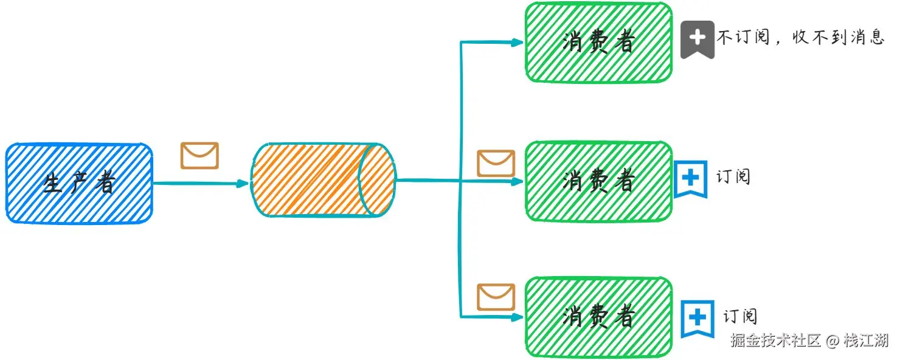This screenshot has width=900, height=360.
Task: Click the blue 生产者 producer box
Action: [x=79, y=183]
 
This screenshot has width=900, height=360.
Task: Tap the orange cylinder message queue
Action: [x=323, y=180]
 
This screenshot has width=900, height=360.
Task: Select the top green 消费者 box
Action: [x=598, y=43]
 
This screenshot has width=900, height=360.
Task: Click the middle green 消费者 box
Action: [x=598, y=181]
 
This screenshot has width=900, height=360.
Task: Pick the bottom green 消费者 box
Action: [x=598, y=317]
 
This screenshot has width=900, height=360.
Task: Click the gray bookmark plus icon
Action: [x=697, y=39]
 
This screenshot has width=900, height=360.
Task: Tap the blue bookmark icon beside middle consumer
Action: [x=691, y=178]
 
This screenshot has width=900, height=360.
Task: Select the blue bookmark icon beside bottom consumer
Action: [x=697, y=317]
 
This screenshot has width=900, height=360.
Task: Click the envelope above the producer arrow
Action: [x=199, y=156]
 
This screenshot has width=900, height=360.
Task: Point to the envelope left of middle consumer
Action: [x=496, y=163]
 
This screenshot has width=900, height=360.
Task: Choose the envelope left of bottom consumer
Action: [x=496, y=297]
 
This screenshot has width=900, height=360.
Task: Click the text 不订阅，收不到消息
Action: [x=800, y=38]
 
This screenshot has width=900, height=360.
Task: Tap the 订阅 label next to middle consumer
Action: [x=733, y=177]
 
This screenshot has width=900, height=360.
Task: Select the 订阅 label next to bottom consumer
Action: [x=740, y=316]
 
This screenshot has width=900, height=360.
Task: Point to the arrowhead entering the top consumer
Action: [x=517, y=43]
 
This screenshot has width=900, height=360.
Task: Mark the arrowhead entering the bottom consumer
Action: [x=517, y=317]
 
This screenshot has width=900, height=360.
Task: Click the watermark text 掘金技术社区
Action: [x=776, y=341]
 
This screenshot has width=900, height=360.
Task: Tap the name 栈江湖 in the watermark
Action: [x=866, y=341]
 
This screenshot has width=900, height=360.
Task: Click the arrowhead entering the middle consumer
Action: [x=517, y=181]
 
